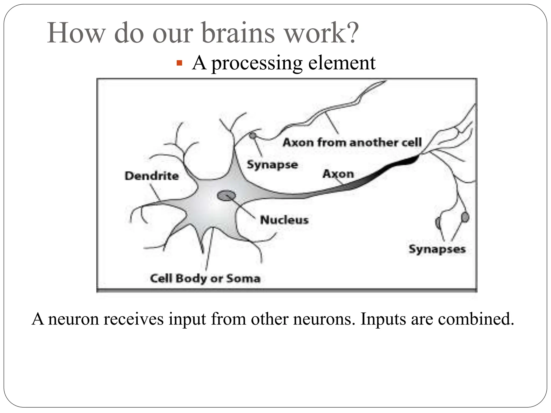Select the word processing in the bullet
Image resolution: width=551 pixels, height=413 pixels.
click(x=257, y=64)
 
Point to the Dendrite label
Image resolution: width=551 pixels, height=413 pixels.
click(x=151, y=176)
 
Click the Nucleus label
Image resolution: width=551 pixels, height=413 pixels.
click(x=284, y=220)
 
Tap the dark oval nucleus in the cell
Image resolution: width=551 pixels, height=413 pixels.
click(x=226, y=195)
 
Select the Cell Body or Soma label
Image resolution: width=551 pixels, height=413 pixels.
click(x=205, y=278)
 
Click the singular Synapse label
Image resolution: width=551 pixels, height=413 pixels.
click(x=272, y=165)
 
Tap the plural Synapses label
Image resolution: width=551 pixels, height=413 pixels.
click(x=437, y=249)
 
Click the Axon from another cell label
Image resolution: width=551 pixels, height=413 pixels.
click(x=352, y=142)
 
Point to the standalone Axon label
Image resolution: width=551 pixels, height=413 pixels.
click(x=338, y=174)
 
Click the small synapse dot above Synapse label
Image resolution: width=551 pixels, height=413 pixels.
click(x=252, y=136)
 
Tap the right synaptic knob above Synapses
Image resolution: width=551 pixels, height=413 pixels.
click(x=465, y=217)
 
